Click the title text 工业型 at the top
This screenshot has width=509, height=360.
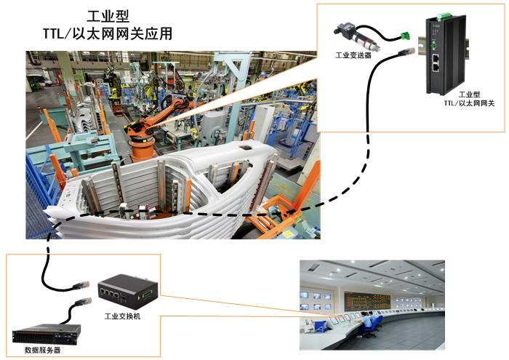108,16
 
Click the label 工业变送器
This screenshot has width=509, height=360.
353,55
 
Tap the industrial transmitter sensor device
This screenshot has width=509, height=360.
357,36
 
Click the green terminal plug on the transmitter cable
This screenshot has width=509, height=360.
405,36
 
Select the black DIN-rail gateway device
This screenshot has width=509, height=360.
446,54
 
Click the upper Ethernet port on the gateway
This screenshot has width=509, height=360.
436,58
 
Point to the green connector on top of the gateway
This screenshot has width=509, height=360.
443,15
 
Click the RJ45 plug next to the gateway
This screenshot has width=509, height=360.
406,52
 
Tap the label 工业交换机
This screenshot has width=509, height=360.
122,316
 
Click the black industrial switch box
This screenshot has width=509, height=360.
128,291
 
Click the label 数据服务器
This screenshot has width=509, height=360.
42,350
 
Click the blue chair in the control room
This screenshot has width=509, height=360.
370,329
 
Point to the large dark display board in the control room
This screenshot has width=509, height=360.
367,301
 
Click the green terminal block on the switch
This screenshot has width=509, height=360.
146,294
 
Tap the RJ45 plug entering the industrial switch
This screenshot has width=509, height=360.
81,285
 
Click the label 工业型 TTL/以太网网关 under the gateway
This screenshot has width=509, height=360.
470,99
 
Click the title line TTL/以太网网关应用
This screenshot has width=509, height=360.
108,33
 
